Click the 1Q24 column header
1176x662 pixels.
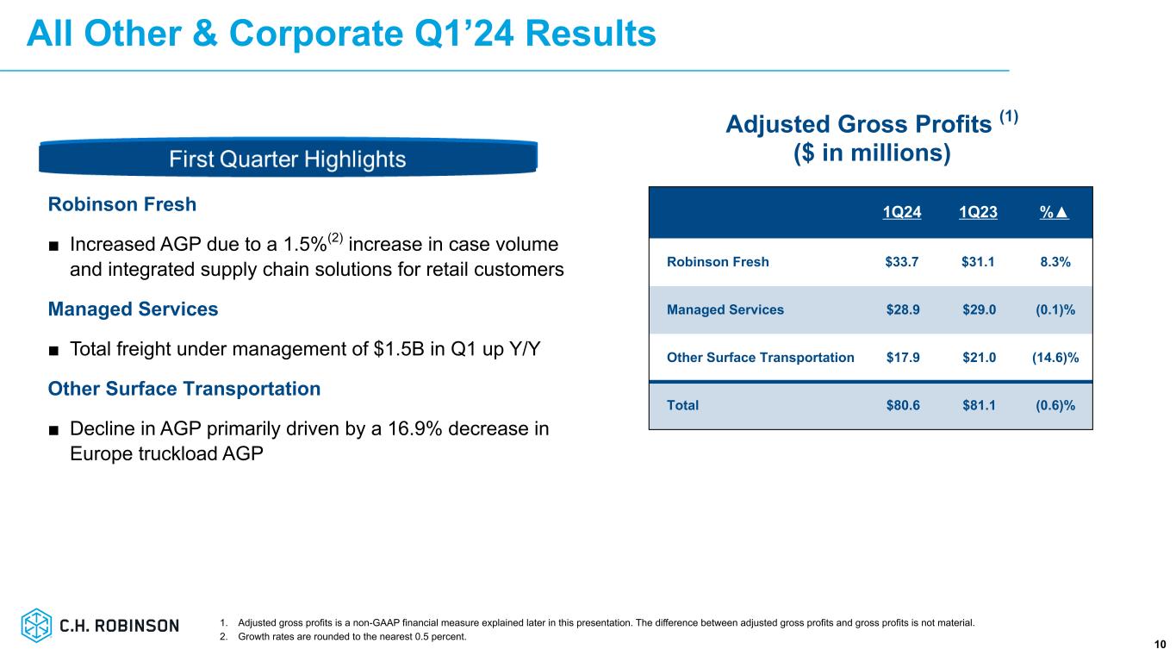(x=902, y=213)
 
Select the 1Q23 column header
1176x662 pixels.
(x=978, y=213)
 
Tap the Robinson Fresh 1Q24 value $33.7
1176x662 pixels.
(x=902, y=262)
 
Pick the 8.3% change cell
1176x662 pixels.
(x=1054, y=262)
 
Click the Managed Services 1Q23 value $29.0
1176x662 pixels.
(x=978, y=309)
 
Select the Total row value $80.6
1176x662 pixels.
(x=902, y=404)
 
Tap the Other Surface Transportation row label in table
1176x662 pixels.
(x=761, y=357)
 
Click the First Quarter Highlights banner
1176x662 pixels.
(x=288, y=159)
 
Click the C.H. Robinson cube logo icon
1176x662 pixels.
(x=37, y=625)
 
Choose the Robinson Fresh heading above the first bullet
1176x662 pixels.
(x=122, y=204)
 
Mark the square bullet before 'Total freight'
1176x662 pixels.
(x=54, y=349)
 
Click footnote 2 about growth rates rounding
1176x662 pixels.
(x=342, y=638)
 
